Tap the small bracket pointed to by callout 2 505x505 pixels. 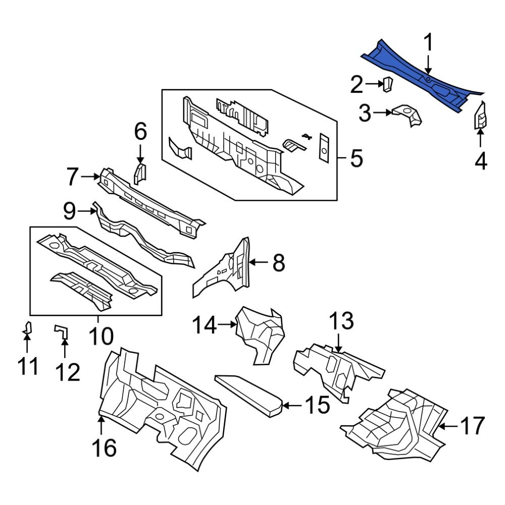pyautogui.click(x=388, y=84)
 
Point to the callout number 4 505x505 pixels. pyautogui.click(x=481, y=161)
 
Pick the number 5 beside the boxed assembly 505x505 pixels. pyautogui.click(x=356, y=158)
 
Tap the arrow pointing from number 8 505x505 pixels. pyautogui.click(x=260, y=262)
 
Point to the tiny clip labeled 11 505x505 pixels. pyautogui.click(x=28, y=329)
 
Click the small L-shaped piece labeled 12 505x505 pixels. pyautogui.click(x=61, y=331)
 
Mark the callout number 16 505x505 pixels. pyautogui.click(x=104, y=447)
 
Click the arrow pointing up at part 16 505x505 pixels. pyautogui.click(x=101, y=424)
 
